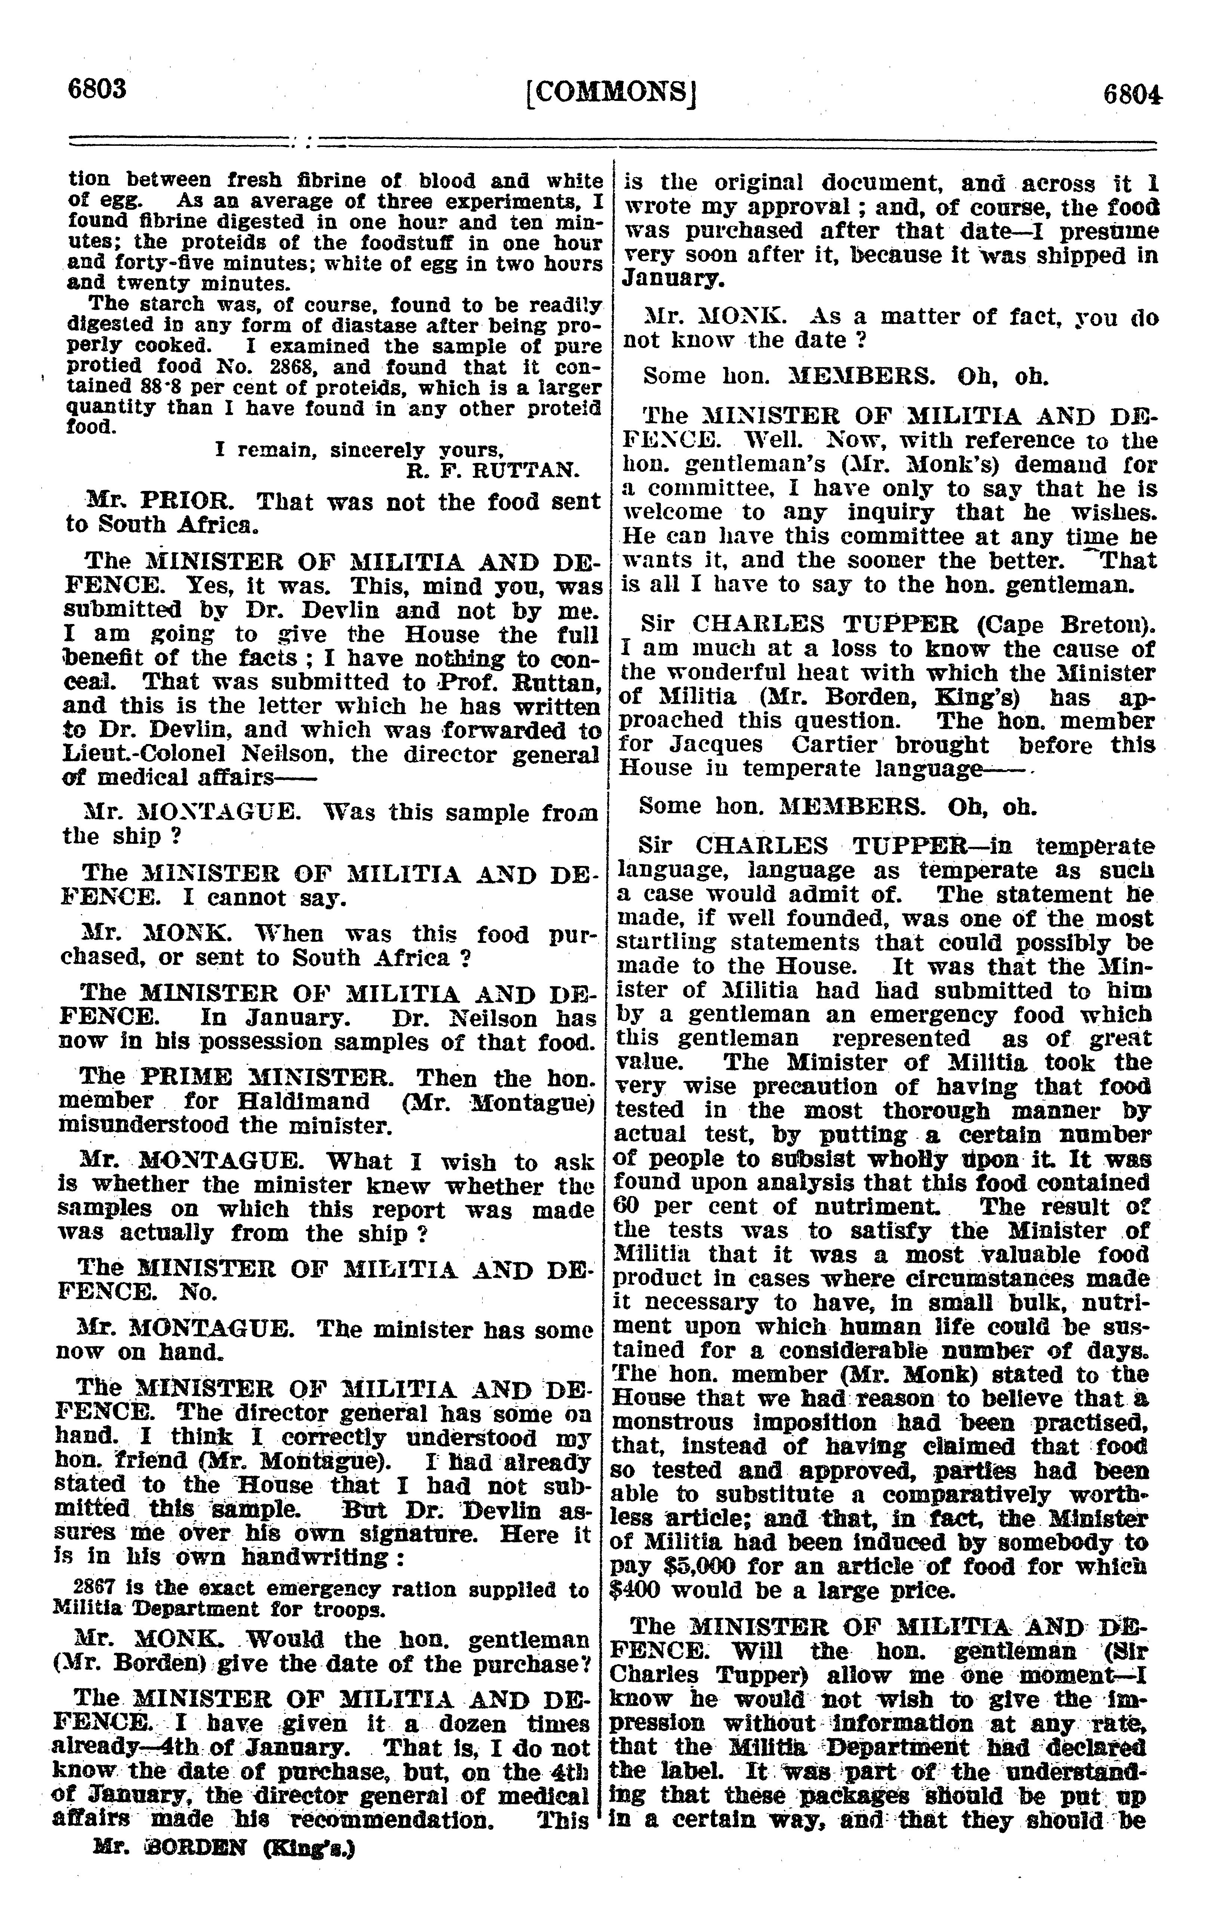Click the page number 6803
tap(97, 88)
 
